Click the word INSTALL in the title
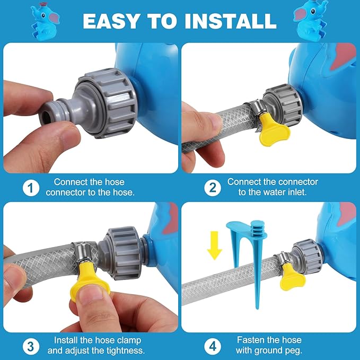[231, 21]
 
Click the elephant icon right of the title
[310, 21]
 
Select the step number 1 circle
[31, 188]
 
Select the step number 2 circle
[213, 188]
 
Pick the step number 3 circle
[31, 346]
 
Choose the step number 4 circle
[213, 346]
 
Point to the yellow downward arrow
[214, 245]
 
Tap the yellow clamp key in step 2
[274, 132]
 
